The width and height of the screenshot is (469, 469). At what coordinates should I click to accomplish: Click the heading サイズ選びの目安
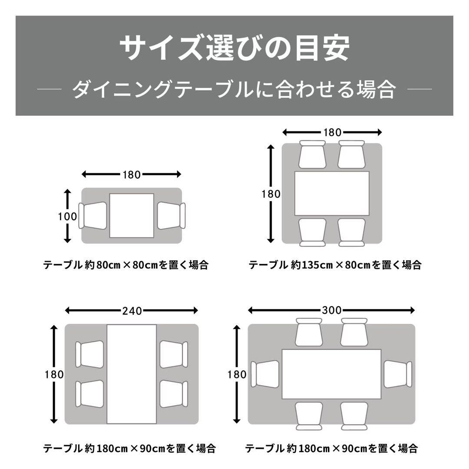(234, 49)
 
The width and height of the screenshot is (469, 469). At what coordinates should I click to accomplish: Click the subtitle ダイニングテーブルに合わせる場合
(234, 90)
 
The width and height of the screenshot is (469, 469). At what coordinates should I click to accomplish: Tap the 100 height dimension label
(67, 216)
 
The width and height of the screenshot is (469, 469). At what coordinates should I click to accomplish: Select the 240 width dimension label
(132, 310)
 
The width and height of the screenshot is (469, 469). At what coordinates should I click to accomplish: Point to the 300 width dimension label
(332, 310)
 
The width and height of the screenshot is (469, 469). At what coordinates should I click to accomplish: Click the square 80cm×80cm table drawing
(132, 215)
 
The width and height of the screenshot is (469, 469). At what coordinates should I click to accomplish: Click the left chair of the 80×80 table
(93, 216)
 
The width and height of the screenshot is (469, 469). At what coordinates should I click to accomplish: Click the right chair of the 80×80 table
(171, 216)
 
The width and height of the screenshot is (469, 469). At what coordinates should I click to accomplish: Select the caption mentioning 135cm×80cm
(335, 264)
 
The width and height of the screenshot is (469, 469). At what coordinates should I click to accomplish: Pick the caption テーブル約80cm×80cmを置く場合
(126, 264)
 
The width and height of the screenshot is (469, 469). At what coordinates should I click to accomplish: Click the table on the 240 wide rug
(132, 374)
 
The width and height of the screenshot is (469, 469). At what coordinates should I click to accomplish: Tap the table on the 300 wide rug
(332, 374)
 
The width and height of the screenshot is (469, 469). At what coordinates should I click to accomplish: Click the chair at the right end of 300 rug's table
(398, 374)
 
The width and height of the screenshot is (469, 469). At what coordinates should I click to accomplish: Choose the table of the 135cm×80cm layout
(332, 193)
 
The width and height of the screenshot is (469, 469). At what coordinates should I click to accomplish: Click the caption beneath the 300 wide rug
(332, 448)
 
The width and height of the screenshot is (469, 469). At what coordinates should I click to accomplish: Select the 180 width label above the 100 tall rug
(132, 175)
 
